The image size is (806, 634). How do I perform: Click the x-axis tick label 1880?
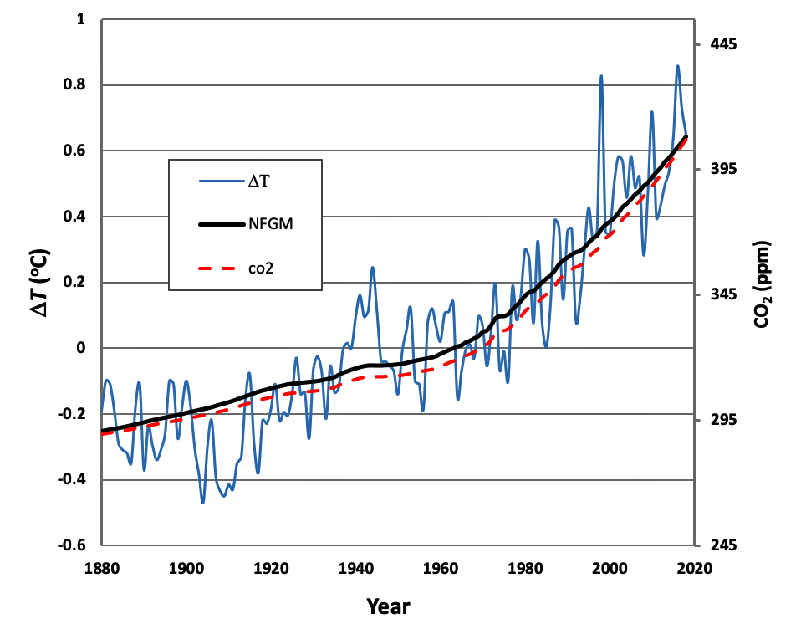coord(101,568)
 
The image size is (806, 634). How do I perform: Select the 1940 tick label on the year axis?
coord(355,568)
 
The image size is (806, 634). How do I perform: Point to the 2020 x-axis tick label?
coord(693,568)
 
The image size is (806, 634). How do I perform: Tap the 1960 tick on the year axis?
coord(440,568)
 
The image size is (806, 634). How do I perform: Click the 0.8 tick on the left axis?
coord(76,85)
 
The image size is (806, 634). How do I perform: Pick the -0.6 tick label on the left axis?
coord(73,545)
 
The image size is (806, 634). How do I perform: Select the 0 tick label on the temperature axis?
coord(82,348)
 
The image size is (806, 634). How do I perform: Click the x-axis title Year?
coord(388,606)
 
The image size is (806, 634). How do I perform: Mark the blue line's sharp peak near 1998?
coord(600,76)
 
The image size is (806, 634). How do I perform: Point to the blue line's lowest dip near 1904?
coord(202,503)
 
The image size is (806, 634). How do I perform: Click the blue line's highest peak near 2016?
coord(677,66)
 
